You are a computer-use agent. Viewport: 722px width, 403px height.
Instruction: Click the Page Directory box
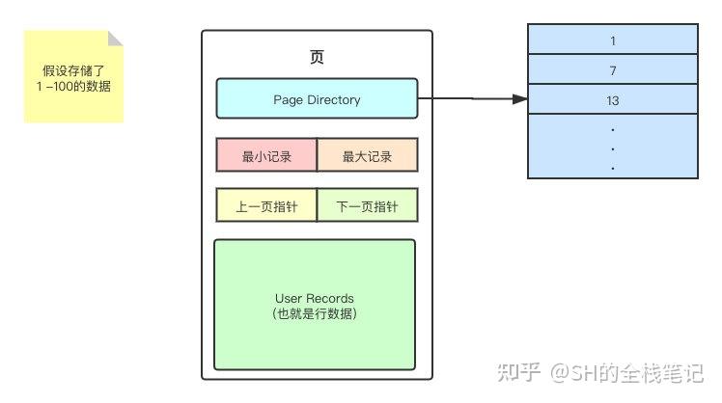(317, 99)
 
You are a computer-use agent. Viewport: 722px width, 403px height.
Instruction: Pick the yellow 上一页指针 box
(265, 205)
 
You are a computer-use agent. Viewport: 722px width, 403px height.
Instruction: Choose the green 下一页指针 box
(367, 205)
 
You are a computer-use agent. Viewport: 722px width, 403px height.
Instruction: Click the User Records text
(315, 299)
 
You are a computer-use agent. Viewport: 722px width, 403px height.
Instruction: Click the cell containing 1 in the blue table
(613, 41)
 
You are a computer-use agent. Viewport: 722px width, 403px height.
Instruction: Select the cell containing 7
(613, 70)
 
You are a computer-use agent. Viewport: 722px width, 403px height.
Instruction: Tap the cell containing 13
(613, 100)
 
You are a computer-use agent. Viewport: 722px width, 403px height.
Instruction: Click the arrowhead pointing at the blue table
(520, 99)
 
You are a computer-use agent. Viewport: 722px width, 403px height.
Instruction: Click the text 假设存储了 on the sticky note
(75, 70)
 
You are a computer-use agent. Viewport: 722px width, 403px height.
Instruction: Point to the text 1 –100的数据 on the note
(75, 86)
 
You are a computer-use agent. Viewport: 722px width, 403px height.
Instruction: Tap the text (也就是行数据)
(315, 313)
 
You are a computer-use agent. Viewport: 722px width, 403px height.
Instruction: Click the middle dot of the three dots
(613, 148)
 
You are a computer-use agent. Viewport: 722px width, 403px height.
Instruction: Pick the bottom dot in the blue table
(613, 167)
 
